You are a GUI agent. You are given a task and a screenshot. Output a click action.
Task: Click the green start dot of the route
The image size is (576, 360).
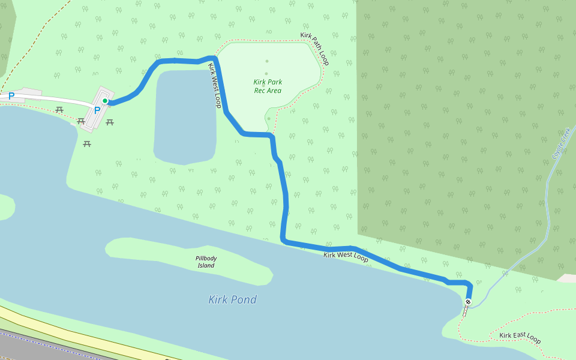coord(105,101)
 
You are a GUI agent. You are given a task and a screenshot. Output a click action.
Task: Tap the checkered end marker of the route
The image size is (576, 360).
coord(468,301)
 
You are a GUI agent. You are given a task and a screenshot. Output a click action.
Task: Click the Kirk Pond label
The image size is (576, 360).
coord(232,299)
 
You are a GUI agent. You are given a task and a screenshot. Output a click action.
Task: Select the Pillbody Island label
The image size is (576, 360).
coord(206,262)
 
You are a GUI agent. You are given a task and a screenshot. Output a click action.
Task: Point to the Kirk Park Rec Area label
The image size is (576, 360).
coord(268,86)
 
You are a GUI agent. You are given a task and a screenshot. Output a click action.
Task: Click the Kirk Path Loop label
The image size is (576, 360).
coord(315,49)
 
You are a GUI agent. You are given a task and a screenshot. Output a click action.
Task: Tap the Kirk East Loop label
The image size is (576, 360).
coord(520,338)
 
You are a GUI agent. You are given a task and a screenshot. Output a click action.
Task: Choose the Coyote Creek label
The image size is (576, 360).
coord(559,143)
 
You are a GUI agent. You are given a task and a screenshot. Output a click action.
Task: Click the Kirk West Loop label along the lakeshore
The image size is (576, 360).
coord(346,256)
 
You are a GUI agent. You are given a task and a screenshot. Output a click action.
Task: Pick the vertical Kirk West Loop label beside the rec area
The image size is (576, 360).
coord(214,85)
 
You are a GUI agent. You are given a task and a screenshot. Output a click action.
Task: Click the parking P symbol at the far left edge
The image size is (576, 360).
coord(11,95)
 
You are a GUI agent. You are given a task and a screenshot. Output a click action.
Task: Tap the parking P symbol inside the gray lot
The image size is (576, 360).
coord(97,110)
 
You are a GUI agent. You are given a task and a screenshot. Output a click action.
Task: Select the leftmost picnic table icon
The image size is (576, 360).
coord(59,110)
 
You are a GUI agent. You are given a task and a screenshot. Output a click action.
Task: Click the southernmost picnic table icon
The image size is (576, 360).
coord(87,143)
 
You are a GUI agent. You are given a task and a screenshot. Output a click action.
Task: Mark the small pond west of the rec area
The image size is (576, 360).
coord(185,117)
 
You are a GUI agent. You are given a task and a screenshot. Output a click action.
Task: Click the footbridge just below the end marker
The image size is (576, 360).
coord(466,310)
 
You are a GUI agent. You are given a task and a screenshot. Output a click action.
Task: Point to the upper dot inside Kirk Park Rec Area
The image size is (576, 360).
coord(267,61)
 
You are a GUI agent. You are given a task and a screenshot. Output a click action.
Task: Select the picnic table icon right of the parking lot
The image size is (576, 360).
coord(110,122)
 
